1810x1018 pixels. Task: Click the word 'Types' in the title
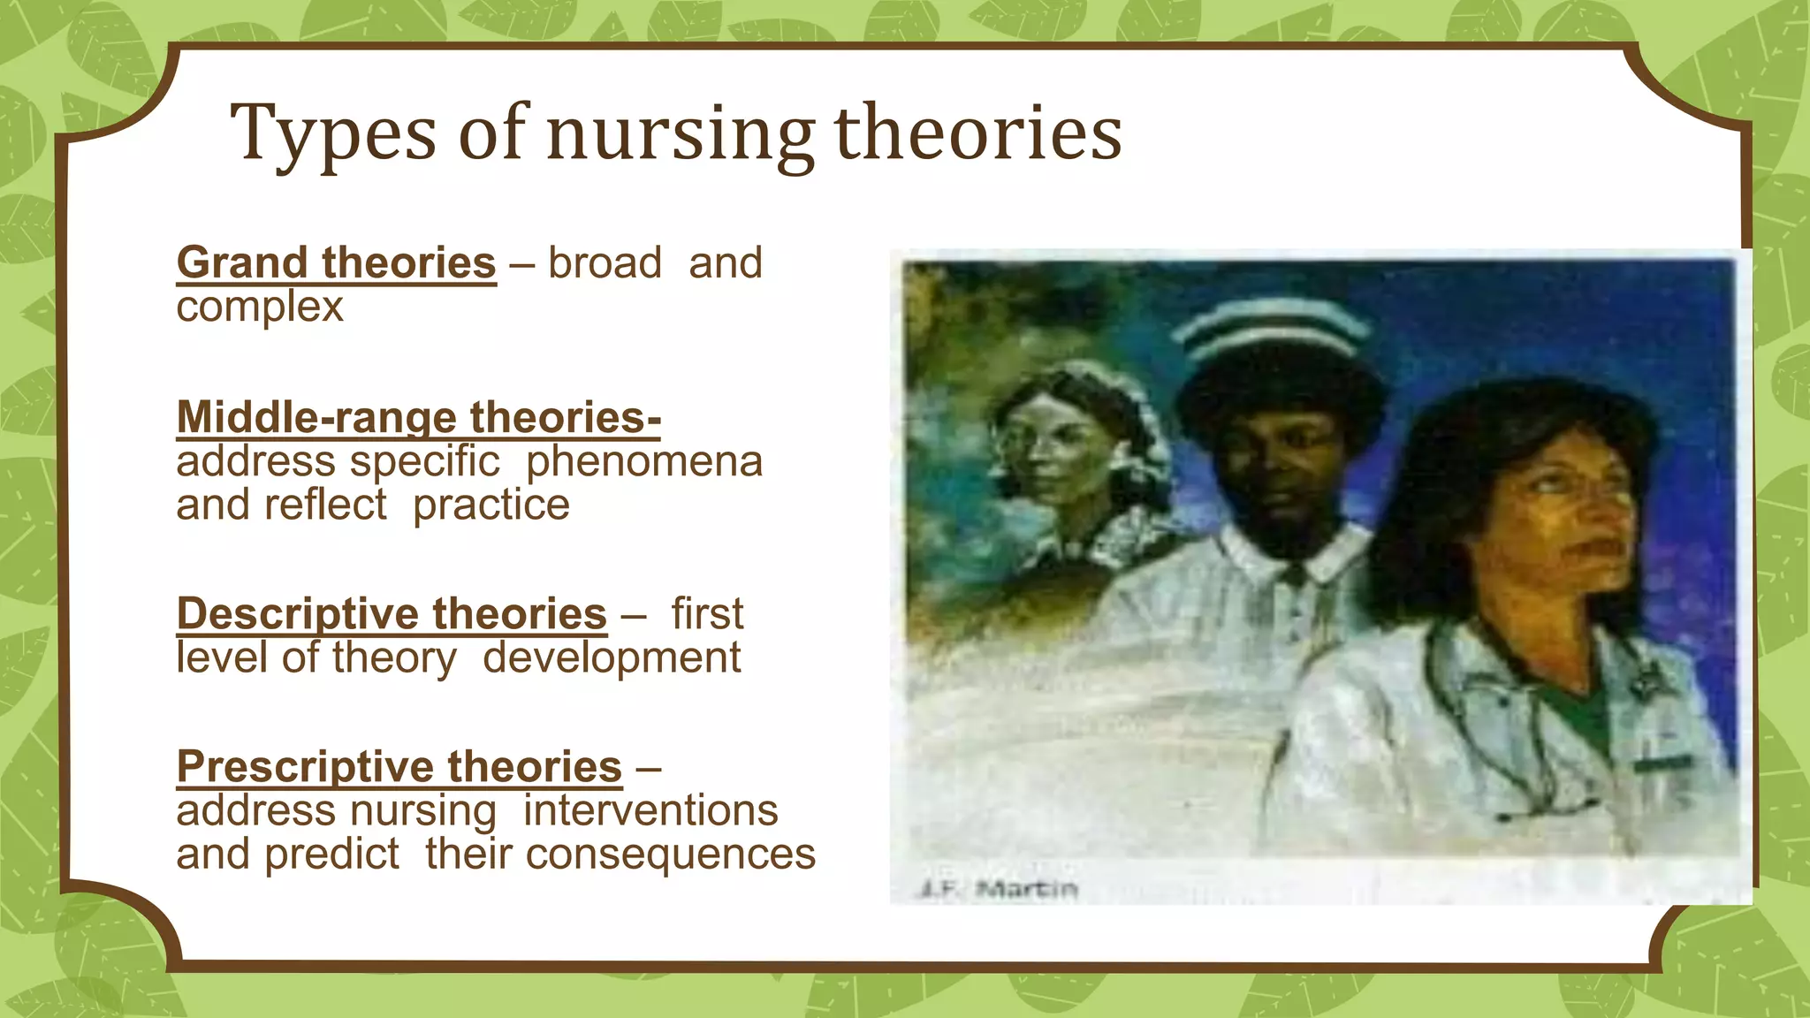pos(333,134)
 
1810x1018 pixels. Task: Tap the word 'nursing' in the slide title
pos(679,134)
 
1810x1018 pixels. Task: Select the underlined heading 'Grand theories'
pos(336,263)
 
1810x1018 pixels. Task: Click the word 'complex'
pos(259,308)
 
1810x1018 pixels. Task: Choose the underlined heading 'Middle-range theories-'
pos(418,417)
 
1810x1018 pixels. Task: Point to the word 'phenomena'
pos(643,461)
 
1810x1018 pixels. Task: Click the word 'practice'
pos(491,505)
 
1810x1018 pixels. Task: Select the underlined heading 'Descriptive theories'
pos(392,614)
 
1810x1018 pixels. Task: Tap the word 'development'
pos(612,657)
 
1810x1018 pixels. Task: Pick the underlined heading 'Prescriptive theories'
pos(399,767)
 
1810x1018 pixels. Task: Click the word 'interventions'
pos(650,810)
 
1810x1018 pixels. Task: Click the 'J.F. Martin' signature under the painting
pos(998,888)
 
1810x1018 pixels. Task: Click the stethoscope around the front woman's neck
pos(1502,707)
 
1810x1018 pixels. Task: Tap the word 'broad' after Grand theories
pos(605,263)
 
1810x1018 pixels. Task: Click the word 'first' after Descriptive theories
pos(707,614)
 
